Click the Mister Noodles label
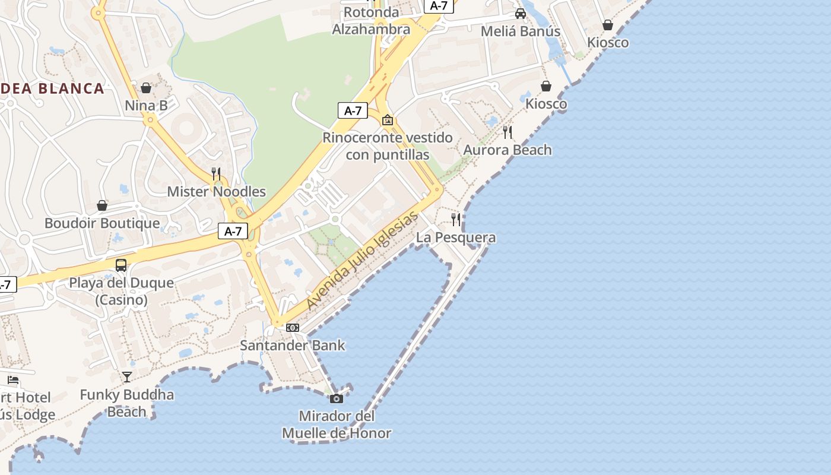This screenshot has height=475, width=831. click(216, 192)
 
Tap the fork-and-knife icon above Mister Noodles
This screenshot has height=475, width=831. click(216, 174)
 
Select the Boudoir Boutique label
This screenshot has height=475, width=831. click(102, 223)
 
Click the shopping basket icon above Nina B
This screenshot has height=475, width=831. click(146, 88)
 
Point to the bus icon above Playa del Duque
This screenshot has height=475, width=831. click(121, 265)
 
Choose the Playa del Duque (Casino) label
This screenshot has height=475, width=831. click(122, 291)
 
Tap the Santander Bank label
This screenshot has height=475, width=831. click(292, 345)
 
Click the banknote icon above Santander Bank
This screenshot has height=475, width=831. click(293, 328)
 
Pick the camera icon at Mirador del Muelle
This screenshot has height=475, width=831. click(337, 398)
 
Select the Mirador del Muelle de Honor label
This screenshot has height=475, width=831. click(337, 425)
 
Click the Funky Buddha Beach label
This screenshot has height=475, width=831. click(127, 403)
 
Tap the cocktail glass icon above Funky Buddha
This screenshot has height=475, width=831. click(127, 377)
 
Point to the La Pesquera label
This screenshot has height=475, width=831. click(456, 237)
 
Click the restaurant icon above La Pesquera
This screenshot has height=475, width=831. click(456, 220)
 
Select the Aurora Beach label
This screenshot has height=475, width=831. click(508, 150)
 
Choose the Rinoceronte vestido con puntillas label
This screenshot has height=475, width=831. click(387, 146)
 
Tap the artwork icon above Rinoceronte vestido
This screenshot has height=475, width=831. click(388, 121)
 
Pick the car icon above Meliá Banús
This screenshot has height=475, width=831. click(521, 14)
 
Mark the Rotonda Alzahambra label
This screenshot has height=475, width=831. click(371, 21)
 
